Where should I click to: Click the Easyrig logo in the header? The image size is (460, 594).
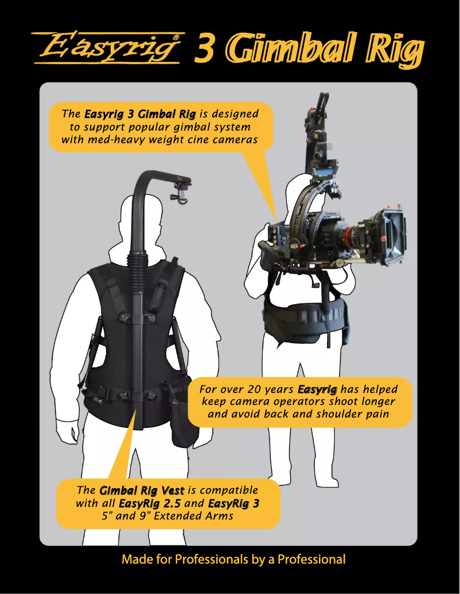(x=108, y=48)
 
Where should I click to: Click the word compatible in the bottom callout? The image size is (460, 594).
(x=229, y=491)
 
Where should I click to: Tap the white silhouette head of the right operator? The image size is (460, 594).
(x=303, y=189)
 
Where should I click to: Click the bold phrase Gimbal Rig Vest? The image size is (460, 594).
(x=142, y=491)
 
